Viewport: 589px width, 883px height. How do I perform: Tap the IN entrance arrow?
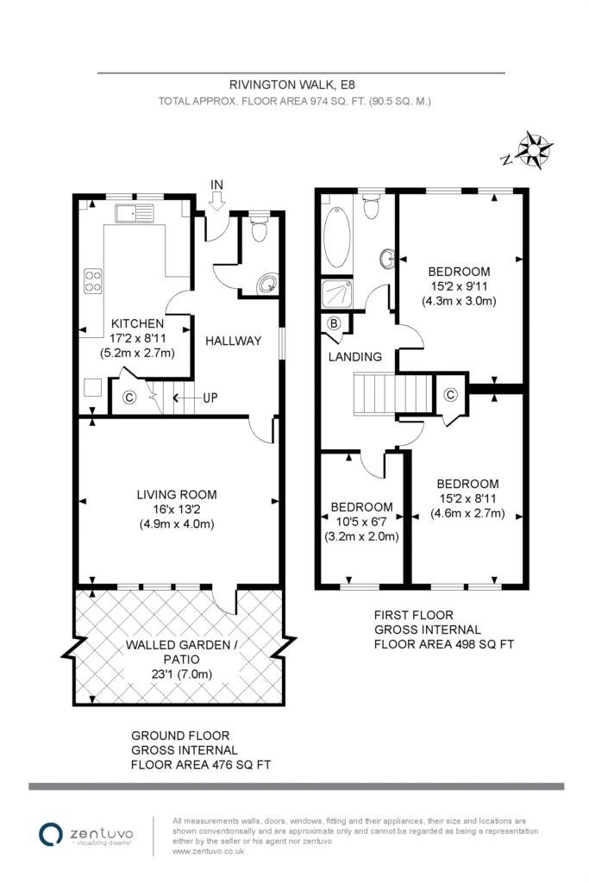217,200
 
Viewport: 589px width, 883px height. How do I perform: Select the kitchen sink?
135,213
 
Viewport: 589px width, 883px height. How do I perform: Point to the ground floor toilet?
259,226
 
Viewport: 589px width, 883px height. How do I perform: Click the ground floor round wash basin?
267,285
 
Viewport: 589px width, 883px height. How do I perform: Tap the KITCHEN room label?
137,324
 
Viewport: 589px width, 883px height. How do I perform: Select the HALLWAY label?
233,341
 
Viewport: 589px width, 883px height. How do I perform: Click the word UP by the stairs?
210,398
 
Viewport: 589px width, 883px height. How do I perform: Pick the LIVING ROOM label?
177,494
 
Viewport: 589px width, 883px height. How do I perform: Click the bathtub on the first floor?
337,237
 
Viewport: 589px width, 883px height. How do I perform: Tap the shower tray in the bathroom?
336,294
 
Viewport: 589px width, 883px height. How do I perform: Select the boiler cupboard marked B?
335,324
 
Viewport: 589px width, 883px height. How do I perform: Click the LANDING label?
354,356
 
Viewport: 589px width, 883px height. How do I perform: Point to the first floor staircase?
393,393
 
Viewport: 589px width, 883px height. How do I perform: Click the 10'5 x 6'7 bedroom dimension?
361,522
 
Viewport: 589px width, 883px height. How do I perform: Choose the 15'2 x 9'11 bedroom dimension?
459,286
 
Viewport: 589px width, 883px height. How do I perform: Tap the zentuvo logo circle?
50,834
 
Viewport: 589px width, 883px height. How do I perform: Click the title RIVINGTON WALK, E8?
292,85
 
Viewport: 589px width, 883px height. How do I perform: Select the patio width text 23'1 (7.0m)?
181,674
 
